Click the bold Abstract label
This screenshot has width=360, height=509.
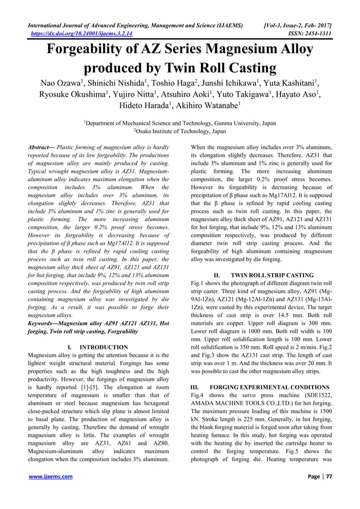coord(42,147)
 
